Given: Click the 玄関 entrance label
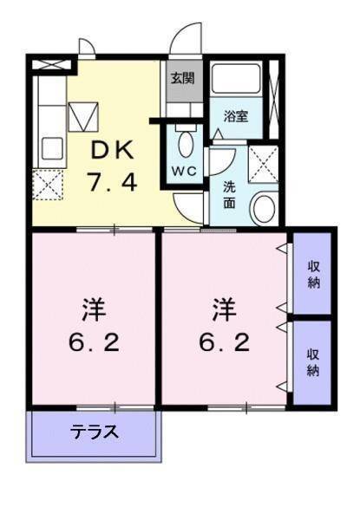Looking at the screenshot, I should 181,78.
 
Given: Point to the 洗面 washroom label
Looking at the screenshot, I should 229,192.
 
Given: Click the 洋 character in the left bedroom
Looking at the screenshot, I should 94,307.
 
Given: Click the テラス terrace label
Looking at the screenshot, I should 95,431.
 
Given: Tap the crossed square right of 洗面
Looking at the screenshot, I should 262,163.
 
